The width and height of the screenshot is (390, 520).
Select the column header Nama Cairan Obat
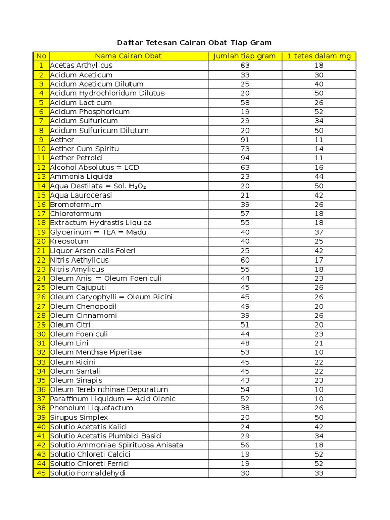pos(128,56)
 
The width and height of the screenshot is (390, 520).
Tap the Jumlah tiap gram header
pos(245,56)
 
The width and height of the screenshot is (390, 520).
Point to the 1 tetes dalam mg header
pos(319,56)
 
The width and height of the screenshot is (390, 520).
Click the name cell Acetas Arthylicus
pos(81,66)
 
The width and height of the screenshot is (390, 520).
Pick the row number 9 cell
pos(41,140)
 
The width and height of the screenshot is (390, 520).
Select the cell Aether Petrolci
pos(76,158)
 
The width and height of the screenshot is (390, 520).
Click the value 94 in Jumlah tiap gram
pos(245,158)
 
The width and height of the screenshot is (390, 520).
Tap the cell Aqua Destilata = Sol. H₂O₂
pos(98,186)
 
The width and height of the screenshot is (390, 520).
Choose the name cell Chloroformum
pos(76,214)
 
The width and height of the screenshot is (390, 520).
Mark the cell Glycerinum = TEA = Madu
pos(98,232)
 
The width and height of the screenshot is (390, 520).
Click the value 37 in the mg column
pos(319,232)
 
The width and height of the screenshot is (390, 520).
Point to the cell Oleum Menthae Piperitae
pos(96,352)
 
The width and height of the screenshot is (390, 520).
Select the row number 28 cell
pos(41,315)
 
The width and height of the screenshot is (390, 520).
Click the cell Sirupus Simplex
pos(79,417)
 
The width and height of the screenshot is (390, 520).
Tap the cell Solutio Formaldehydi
pos(88,473)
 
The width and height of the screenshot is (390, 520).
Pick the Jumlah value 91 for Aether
pos(245,140)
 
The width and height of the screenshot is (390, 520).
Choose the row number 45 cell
pos(41,473)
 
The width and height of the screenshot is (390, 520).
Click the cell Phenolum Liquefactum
pos(91,408)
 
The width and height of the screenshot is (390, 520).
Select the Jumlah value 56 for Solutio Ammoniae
pos(245,445)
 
